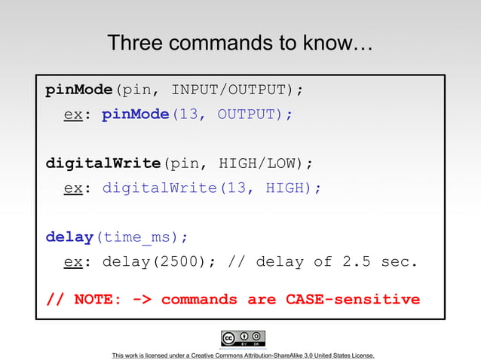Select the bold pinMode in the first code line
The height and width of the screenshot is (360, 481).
[x=78, y=90]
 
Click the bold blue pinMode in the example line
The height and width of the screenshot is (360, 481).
[x=135, y=114]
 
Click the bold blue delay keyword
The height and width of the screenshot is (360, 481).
[x=69, y=236]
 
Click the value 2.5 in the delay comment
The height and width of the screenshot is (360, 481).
[x=356, y=261]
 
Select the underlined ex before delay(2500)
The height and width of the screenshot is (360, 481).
[x=72, y=261]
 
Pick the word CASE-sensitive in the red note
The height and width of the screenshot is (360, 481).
[x=352, y=299]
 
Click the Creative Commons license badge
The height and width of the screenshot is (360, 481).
[x=243, y=338]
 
